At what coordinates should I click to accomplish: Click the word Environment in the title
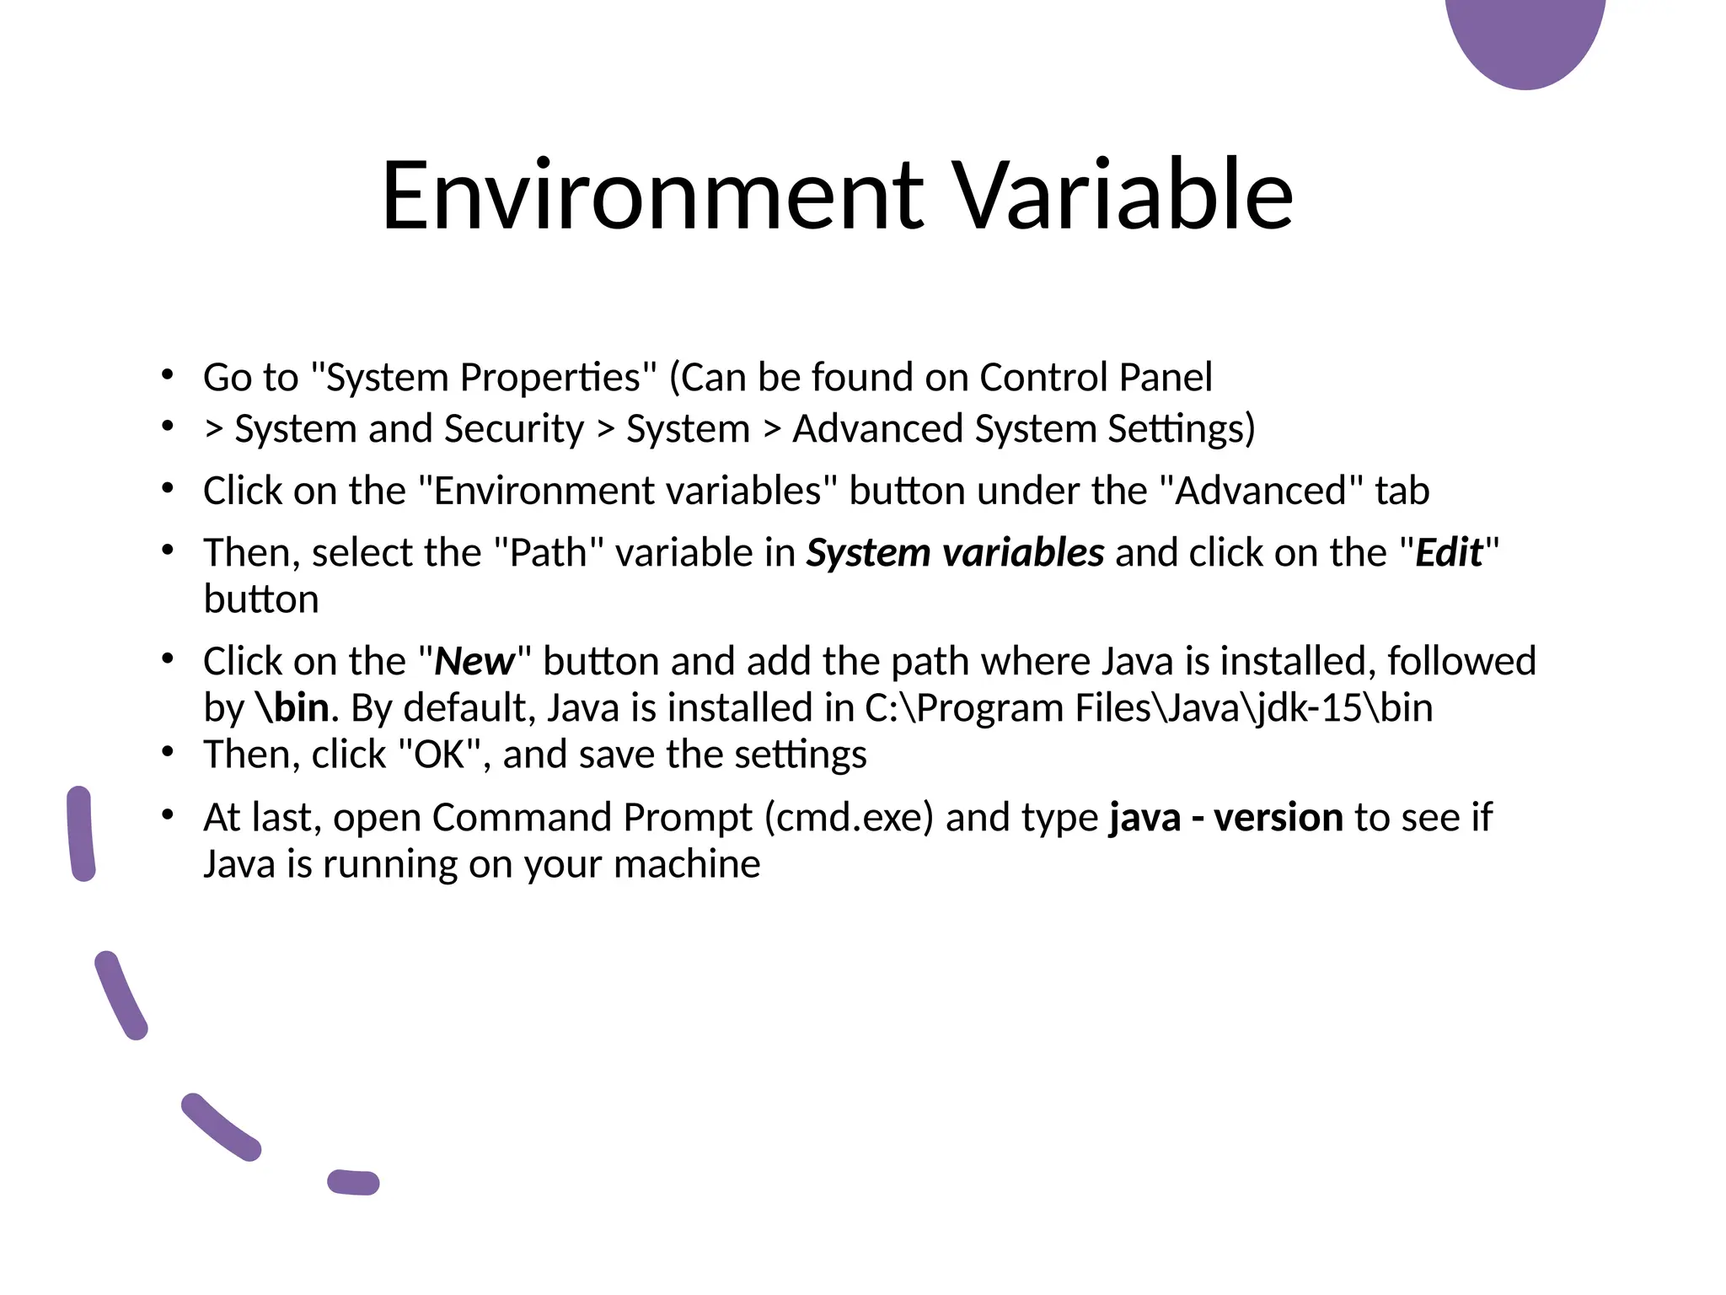point(652,196)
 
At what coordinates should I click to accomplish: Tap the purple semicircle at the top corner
point(1525,38)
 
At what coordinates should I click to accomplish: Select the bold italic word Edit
point(1449,553)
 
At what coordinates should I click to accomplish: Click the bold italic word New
point(474,662)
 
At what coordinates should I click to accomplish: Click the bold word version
point(1278,818)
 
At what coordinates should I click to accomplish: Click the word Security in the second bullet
point(513,429)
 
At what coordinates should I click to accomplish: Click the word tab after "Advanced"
point(1402,492)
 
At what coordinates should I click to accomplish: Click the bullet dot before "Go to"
point(168,373)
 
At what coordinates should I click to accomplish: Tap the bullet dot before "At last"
point(168,814)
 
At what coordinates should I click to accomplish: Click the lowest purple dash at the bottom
point(353,1182)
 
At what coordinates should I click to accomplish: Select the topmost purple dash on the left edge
point(81,834)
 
